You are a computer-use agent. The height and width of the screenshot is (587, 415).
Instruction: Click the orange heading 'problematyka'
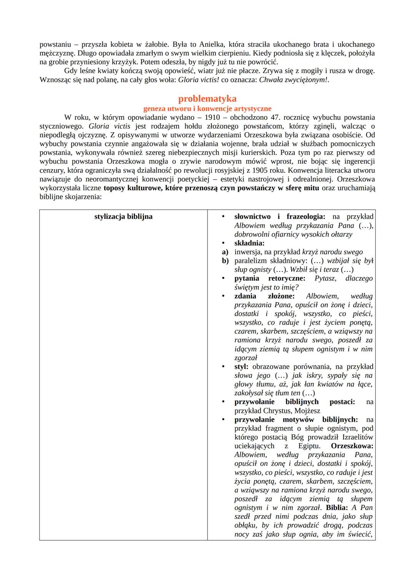(x=207, y=99)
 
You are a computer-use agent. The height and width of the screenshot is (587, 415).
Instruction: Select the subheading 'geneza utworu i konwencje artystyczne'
(x=207, y=109)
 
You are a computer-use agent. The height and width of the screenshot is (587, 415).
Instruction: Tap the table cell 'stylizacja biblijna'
(x=123, y=217)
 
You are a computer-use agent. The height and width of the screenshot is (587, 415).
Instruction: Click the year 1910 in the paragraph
(x=212, y=117)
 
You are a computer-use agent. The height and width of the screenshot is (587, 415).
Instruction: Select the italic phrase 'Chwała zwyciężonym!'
(x=294, y=80)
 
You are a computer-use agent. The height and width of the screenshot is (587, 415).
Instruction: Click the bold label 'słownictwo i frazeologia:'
(x=280, y=217)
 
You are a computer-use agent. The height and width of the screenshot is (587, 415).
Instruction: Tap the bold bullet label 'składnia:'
(x=249, y=243)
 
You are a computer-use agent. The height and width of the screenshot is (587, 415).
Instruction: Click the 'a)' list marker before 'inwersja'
(x=225, y=252)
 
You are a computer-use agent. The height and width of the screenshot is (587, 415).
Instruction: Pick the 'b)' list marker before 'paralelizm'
(x=225, y=261)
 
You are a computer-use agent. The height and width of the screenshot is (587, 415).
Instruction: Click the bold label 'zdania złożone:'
(x=264, y=296)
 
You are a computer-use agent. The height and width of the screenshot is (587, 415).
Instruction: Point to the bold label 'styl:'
(x=241, y=367)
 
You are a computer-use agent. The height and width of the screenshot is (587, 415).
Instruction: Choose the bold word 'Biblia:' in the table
(x=337, y=508)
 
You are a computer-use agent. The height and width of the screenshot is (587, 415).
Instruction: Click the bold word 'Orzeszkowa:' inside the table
(x=352, y=446)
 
